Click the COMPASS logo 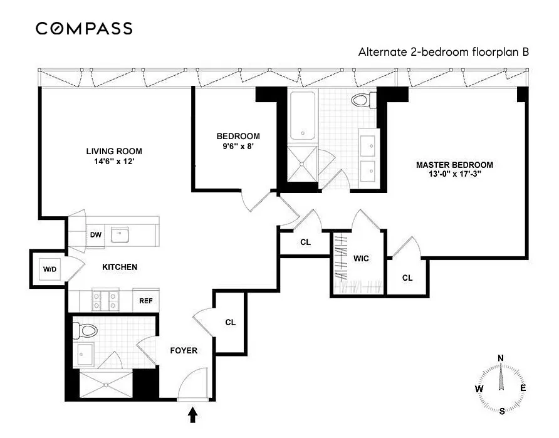(x=84, y=28)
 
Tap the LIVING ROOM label (x=114, y=151)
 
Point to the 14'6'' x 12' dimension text (x=114, y=161)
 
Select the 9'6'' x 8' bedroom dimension (x=238, y=147)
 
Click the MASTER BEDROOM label (x=454, y=165)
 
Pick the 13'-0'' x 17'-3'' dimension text (x=454, y=175)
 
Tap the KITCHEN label (x=120, y=267)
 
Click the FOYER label (x=184, y=350)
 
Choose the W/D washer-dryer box (x=50, y=269)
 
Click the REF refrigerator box (x=146, y=301)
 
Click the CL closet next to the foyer (x=230, y=322)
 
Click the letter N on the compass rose (x=500, y=358)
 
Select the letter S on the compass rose (x=502, y=411)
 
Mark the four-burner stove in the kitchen (x=102, y=300)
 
